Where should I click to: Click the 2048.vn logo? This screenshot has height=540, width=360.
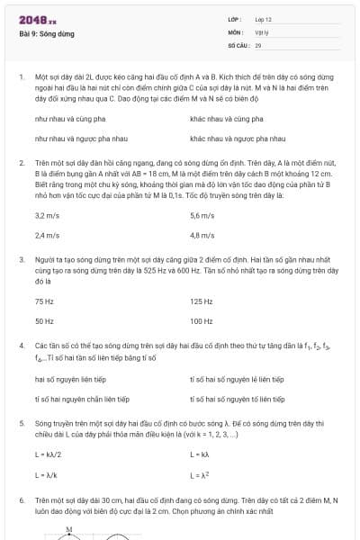(38, 20)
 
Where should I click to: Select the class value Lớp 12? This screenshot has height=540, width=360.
(263, 19)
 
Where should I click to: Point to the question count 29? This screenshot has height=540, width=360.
(258, 44)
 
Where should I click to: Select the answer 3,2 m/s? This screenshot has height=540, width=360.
(47, 216)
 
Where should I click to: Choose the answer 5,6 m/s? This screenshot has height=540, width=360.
(202, 216)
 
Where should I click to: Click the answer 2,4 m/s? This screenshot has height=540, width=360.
(47, 236)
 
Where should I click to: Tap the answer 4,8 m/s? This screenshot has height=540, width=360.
(202, 236)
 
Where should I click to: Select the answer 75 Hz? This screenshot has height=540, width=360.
(44, 301)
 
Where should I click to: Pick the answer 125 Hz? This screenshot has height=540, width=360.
(202, 301)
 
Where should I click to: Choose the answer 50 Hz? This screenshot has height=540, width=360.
(44, 321)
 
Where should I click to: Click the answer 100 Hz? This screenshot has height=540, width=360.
(202, 321)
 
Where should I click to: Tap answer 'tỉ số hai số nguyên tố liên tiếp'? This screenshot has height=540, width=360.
(238, 399)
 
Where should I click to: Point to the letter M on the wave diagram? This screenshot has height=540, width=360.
(69, 529)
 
